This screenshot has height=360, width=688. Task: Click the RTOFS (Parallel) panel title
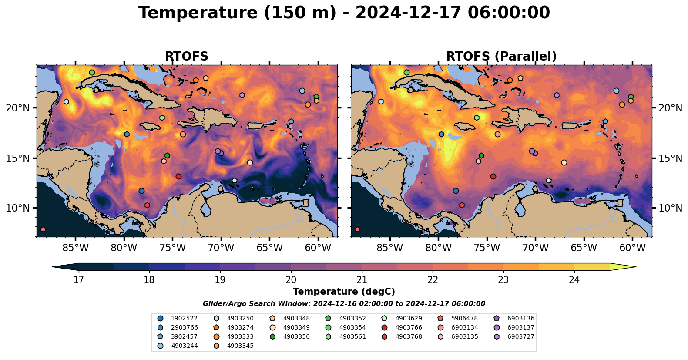tap(501, 56)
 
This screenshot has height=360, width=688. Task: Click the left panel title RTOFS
tap(187, 56)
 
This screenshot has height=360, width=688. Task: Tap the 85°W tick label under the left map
tap(76, 248)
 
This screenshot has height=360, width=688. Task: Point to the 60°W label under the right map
tap(632, 248)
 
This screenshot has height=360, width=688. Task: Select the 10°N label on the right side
tap(670, 208)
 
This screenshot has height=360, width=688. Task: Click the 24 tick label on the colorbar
tap(574, 280)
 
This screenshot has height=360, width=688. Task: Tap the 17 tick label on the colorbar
tap(79, 280)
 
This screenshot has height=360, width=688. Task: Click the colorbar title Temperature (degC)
tap(344, 292)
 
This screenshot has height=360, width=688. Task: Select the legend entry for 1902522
tap(178, 319)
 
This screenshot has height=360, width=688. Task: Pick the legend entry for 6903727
tap(514, 336)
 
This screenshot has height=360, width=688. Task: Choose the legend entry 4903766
tap(402, 327)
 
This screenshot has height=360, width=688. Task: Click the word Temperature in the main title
tap(198, 13)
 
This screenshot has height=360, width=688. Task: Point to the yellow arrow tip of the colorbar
tap(636, 267)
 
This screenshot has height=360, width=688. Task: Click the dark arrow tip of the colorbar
tap(53, 267)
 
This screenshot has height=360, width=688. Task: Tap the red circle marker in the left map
tap(178, 177)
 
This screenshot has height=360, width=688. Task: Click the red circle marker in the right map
tap(493, 177)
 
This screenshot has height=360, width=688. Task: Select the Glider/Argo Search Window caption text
tap(344, 304)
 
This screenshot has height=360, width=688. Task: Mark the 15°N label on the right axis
tap(670, 158)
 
